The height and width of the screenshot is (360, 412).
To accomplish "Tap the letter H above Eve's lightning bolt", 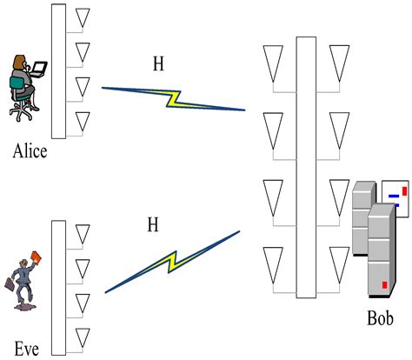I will (x=153, y=225).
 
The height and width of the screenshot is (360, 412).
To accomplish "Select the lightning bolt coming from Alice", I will (x=173, y=98).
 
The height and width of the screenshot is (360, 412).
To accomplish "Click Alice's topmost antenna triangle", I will (x=83, y=17).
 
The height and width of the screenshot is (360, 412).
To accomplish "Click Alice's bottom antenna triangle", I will (x=83, y=120).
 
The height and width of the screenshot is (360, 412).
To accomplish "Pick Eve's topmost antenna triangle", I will (x=83, y=233).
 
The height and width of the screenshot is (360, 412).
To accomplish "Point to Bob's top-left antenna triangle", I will (x=274, y=60).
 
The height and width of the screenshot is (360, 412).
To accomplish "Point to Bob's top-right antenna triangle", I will (x=340, y=60).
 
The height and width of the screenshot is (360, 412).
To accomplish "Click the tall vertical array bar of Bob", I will (x=306, y=165).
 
